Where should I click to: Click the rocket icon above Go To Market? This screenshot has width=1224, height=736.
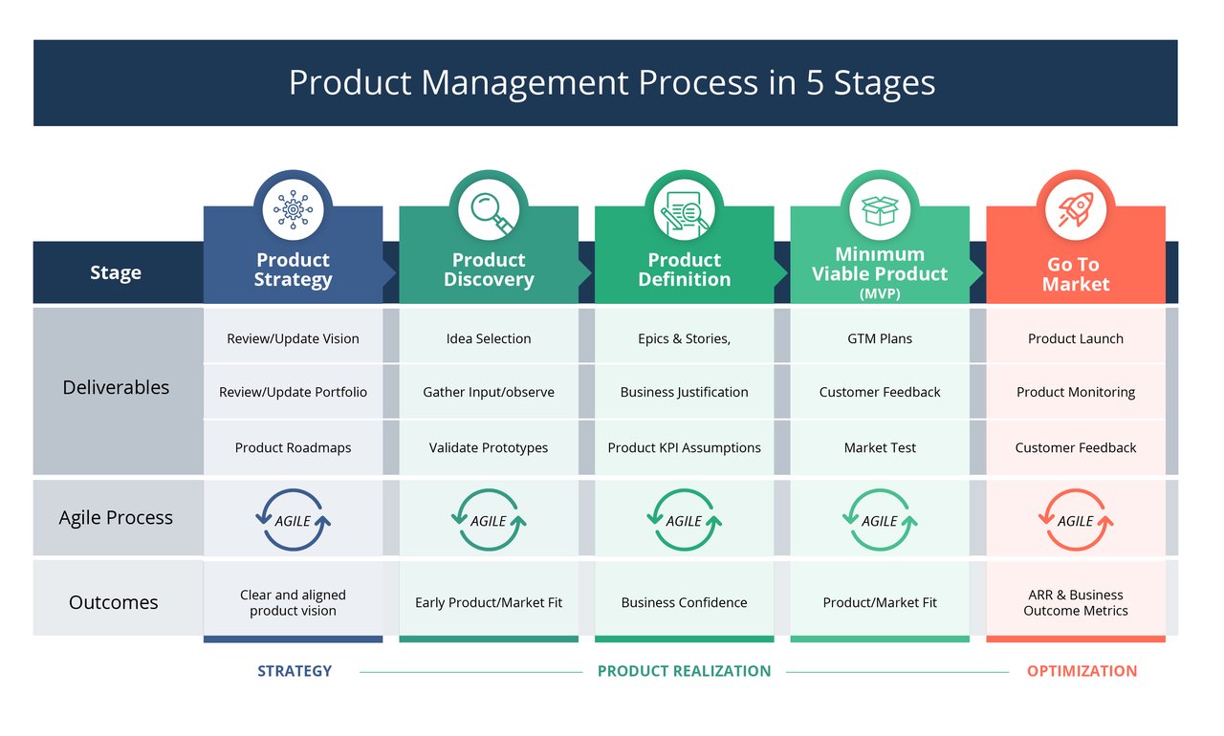(x=1076, y=209)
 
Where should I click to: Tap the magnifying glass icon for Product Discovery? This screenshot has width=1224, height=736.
(x=489, y=209)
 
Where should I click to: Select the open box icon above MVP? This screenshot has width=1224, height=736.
(x=880, y=209)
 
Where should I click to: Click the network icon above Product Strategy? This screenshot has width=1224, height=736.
(x=293, y=209)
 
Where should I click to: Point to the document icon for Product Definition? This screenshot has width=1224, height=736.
(x=685, y=211)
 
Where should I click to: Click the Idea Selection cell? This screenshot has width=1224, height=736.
(x=489, y=338)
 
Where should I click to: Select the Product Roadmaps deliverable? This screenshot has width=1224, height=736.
(x=293, y=447)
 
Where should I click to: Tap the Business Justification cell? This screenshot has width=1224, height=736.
(x=685, y=392)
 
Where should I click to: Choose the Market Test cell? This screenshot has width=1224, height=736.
(x=880, y=447)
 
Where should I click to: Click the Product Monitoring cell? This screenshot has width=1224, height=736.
(x=1076, y=392)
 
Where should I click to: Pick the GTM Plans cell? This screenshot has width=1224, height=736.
(x=880, y=338)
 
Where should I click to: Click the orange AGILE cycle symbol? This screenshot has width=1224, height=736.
(x=1076, y=520)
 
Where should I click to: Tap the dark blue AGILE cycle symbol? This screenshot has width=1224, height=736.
(x=293, y=520)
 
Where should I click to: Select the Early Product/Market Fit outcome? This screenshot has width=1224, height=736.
(x=489, y=602)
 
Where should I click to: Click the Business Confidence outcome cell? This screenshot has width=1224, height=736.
(x=685, y=602)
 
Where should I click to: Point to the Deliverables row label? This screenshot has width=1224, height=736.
(x=116, y=387)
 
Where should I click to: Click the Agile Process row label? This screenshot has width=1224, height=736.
(x=116, y=517)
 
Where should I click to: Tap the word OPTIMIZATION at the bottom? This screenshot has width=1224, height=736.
(x=1082, y=671)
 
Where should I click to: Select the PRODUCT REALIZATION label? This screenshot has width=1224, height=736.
(x=684, y=671)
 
